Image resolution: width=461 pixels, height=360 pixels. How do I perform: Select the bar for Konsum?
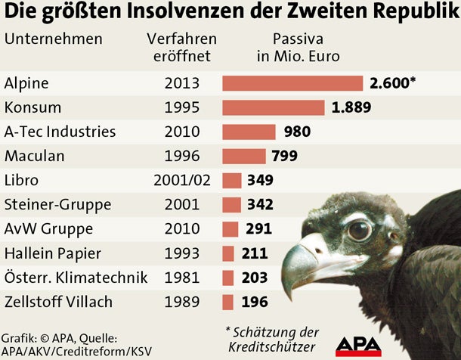click(273, 107)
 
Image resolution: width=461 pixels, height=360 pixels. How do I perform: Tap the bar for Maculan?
click(243, 156)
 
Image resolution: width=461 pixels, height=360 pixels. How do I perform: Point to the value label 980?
click(298, 132)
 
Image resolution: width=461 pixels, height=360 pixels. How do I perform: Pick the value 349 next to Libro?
click(259, 180)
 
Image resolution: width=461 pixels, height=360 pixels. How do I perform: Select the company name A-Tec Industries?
click(60, 132)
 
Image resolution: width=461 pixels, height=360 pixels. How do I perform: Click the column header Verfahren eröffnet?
click(181, 47)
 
